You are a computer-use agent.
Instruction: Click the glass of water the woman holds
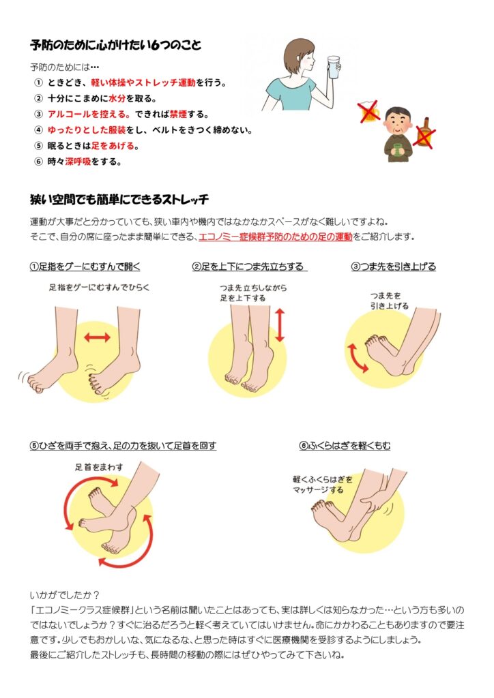click(334, 67)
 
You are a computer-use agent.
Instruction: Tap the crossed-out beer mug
click(369, 112)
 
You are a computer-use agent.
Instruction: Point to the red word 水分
click(117, 98)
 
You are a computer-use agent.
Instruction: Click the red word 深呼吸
click(78, 161)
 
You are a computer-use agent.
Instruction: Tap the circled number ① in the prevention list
click(39, 82)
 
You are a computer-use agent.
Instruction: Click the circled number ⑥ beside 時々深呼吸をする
click(39, 161)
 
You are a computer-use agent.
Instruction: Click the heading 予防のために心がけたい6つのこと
click(116, 45)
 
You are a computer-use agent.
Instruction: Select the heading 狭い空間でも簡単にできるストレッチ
click(119, 200)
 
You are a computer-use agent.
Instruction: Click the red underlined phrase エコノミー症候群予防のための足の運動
click(275, 237)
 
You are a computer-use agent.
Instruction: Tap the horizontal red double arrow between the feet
click(97, 337)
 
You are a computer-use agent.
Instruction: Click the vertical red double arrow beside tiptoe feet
click(280, 325)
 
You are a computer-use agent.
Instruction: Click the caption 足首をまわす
click(99, 467)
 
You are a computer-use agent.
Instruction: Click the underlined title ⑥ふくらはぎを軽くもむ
click(345, 446)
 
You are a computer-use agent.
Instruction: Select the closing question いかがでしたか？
click(65, 595)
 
